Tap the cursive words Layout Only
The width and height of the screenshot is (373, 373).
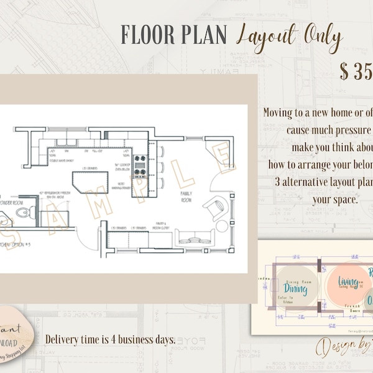[x=290, y=39]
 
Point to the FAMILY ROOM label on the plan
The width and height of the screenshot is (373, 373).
[x=186, y=196]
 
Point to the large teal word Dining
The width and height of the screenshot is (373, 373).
[x=297, y=288]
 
